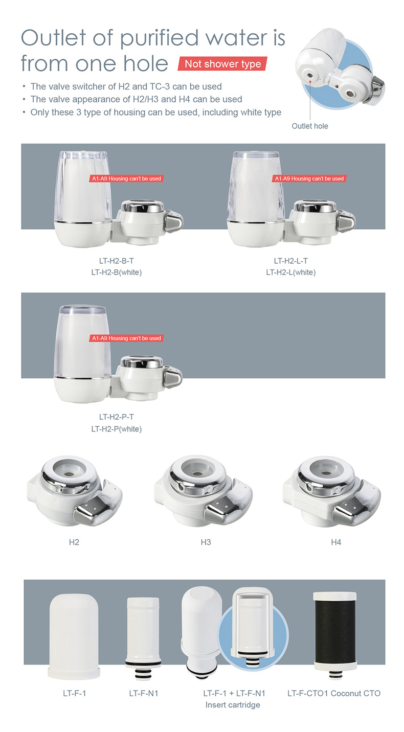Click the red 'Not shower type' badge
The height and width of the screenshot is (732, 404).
click(x=222, y=64)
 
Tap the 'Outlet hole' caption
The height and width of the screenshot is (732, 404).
click(x=309, y=126)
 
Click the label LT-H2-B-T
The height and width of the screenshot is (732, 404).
click(x=117, y=261)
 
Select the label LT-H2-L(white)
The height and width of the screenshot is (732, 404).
click(x=290, y=272)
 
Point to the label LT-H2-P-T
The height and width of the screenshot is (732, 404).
click(x=117, y=417)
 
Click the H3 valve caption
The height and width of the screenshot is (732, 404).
click(x=206, y=542)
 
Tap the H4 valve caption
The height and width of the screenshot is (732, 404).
click(x=335, y=542)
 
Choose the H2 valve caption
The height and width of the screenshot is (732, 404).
click(x=74, y=542)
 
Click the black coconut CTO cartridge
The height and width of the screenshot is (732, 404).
click(x=334, y=634)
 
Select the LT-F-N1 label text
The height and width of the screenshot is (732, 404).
click(x=144, y=693)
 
